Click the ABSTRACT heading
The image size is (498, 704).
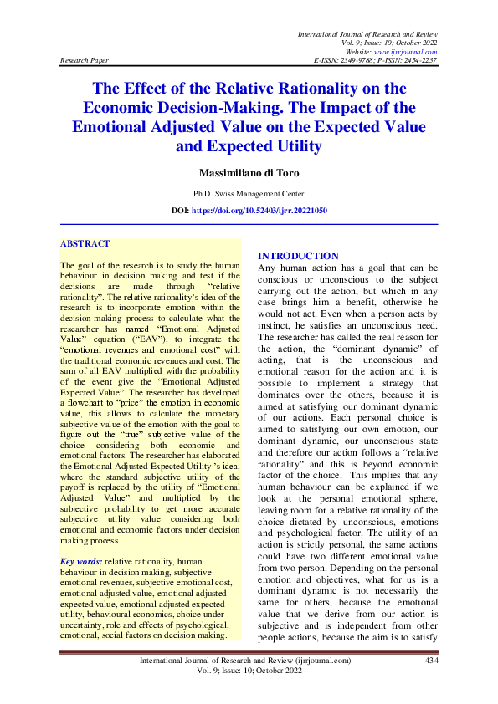(x=85, y=243)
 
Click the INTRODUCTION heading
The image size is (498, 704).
(x=298, y=256)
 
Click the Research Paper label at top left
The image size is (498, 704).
(x=85, y=61)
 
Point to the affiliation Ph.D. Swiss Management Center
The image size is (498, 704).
(x=249, y=193)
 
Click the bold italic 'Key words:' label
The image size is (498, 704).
(x=81, y=561)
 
